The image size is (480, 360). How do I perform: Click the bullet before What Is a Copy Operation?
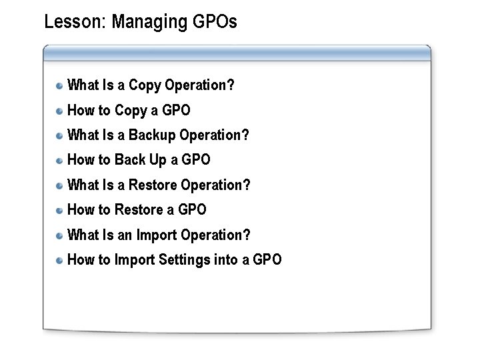tap(60, 85)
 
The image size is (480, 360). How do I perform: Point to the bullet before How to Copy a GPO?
tap(60, 111)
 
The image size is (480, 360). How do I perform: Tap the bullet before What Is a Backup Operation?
tap(60, 135)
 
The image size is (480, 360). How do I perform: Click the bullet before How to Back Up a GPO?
tap(60, 160)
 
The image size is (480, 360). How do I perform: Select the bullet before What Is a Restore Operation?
tap(60, 185)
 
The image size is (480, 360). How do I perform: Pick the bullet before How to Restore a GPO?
tap(60, 210)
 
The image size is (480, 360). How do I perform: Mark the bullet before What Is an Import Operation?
tap(60, 235)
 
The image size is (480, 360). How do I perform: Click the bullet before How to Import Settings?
tap(60, 260)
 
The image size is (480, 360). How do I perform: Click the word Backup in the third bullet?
tap(152, 135)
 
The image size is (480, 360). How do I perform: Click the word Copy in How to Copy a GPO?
tap(130, 111)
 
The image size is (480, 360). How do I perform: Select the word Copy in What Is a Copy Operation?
tap(144, 85)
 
